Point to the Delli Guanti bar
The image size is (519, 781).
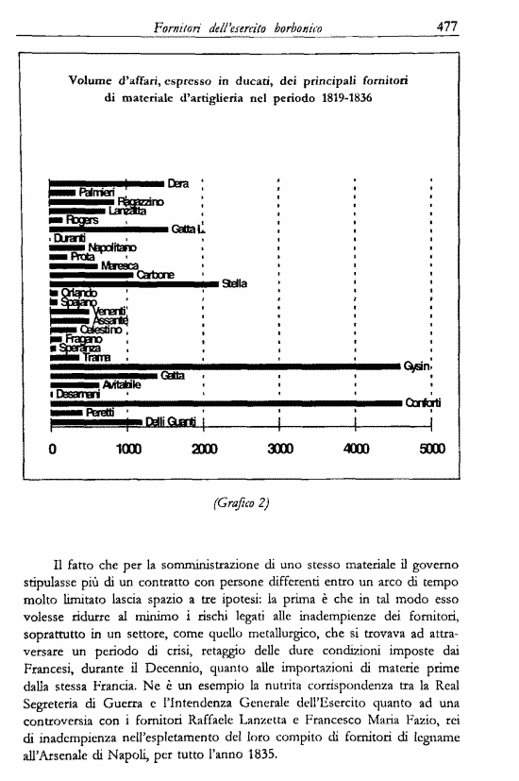(x=94, y=422)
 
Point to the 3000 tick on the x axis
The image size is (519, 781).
(x=279, y=450)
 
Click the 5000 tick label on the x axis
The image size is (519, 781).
(x=431, y=450)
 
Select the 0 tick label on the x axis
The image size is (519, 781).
(x=52, y=450)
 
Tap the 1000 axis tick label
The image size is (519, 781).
(x=128, y=450)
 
